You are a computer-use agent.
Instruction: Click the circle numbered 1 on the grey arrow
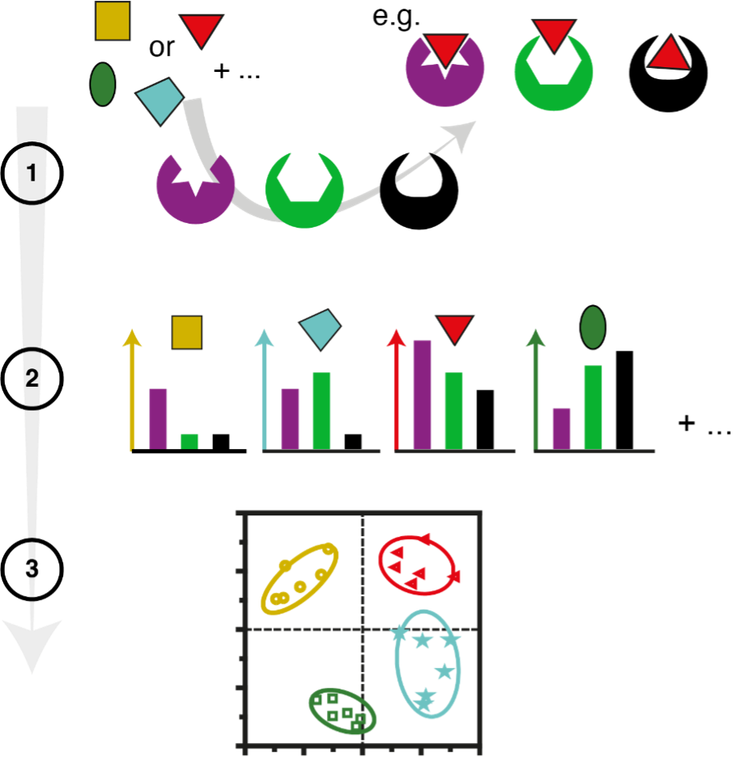tap(32, 173)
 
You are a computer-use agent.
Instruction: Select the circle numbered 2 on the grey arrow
tap(32, 379)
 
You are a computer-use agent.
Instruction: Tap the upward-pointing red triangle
tap(669, 55)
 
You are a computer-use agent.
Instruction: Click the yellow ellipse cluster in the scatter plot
tap(301, 579)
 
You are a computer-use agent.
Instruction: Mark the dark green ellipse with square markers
tap(343, 710)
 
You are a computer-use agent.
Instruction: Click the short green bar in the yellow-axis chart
tap(189, 441)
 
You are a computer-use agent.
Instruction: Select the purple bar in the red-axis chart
tap(422, 394)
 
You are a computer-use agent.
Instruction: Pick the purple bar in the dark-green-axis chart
tap(562, 428)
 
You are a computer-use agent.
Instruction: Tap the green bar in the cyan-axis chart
tap(322, 410)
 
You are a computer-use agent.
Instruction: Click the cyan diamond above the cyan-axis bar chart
tap(320, 328)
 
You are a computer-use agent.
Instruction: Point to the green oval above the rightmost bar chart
tap(592, 328)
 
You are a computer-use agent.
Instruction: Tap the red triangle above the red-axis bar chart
tap(455, 328)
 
